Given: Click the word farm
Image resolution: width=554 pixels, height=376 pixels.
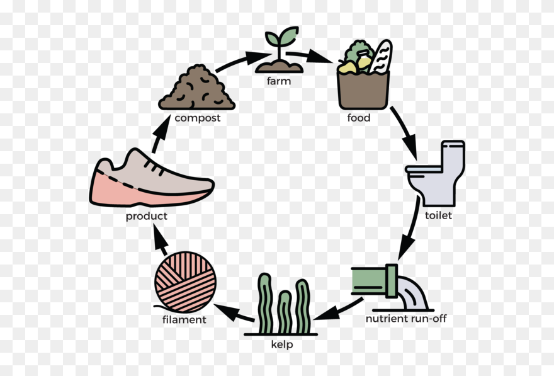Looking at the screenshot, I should [x=278, y=81].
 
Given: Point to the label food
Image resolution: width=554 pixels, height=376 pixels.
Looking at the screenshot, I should [x=359, y=118].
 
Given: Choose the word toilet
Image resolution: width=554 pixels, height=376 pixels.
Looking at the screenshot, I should [x=438, y=215].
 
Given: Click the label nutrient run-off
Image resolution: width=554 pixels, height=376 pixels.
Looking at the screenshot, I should [x=406, y=318].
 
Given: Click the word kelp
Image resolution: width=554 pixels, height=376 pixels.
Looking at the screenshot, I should [x=281, y=345].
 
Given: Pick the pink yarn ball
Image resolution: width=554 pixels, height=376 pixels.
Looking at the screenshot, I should [x=186, y=282].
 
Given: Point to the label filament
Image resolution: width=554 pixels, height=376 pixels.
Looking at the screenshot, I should [x=184, y=319].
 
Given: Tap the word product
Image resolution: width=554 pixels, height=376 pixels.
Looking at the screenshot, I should [x=147, y=216].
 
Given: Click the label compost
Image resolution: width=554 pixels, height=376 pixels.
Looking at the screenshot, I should [x=198, y=118].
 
